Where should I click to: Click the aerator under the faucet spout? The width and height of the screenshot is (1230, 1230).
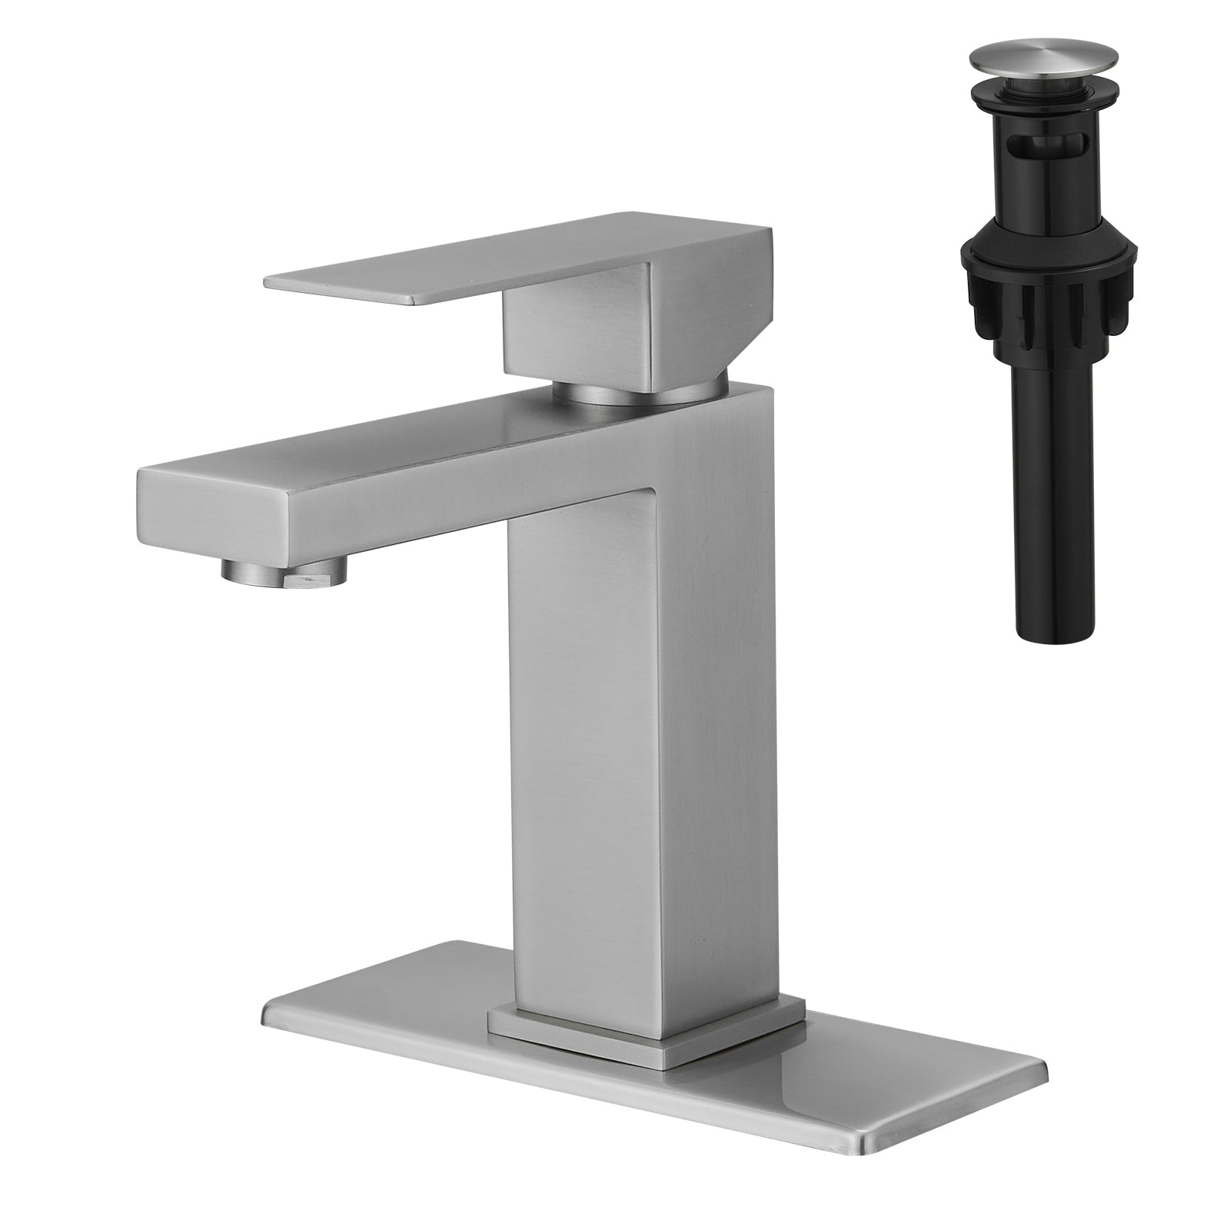tap(284, 570)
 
